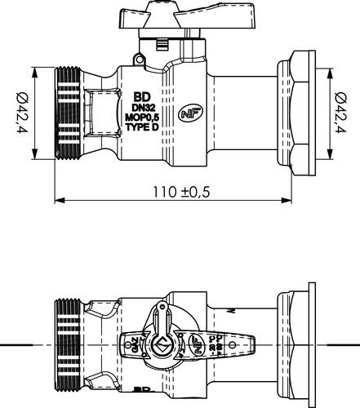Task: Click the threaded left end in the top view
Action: pos(67,344)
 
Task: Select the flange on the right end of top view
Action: pos(309,344)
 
